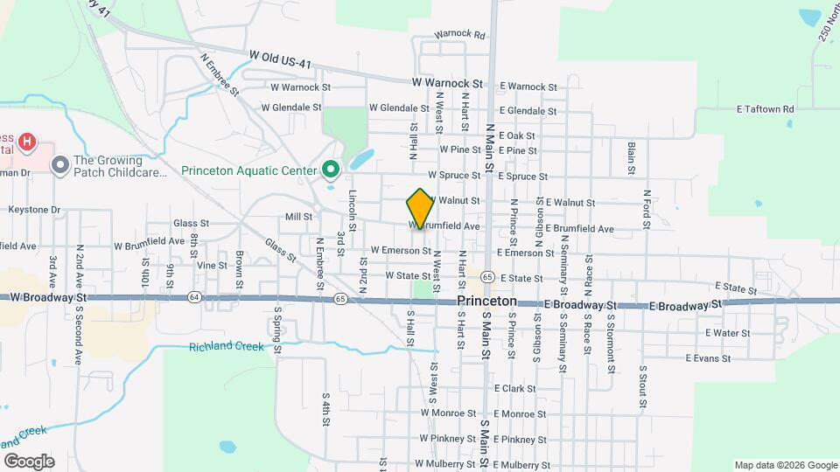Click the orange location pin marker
(420, 208)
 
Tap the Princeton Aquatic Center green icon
(331, 169)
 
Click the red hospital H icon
(27, 140)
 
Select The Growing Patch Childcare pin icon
(60, 164)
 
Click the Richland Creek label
(226, 347)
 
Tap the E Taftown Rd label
(765, 109)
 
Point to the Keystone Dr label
(34, 210)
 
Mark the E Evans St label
(708, 358)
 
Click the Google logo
(28, 461)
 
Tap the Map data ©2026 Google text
(784, 465)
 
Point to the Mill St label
(298, 217)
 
